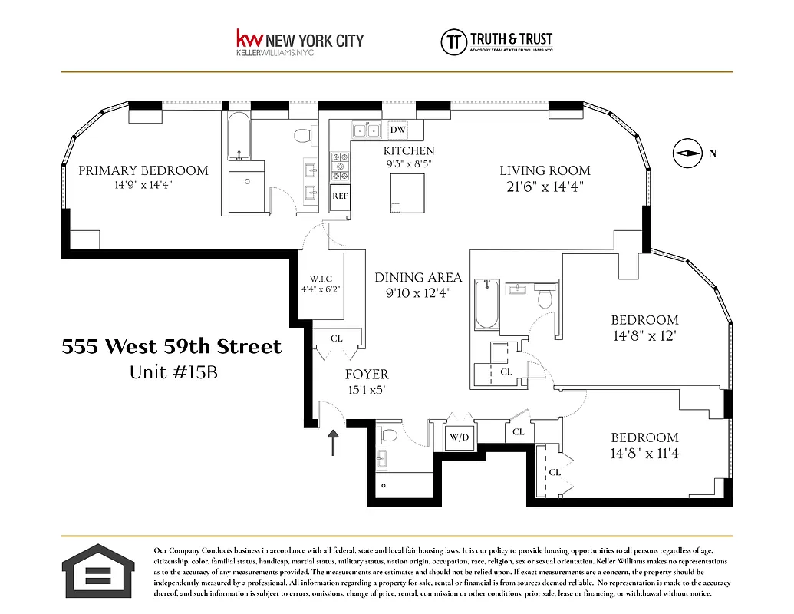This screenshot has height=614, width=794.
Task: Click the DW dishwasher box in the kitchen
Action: pyautogui.click(x=397, y=130)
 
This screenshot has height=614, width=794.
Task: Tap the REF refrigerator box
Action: pyautogui.click(x=340, y=196)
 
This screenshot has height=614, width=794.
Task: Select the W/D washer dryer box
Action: pyautogui.click(x=460, y=438)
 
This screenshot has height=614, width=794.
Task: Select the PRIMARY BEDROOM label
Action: pyautogui.click(x=143, y=170)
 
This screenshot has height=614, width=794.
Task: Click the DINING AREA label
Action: pyautogui.click(x=418, y=278)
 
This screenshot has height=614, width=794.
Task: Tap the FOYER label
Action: pyautogui.click(x=366, y=375)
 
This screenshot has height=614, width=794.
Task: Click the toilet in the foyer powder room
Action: pyautogui.click(x=389, y=437)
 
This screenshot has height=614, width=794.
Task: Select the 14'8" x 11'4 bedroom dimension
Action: pyautogui.click(x=644, y=454)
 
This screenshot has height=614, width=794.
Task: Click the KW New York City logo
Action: pyautogui.click(x=299, y=42)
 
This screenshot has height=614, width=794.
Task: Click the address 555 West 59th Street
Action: pyautogui.click(x=172, y=347)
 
